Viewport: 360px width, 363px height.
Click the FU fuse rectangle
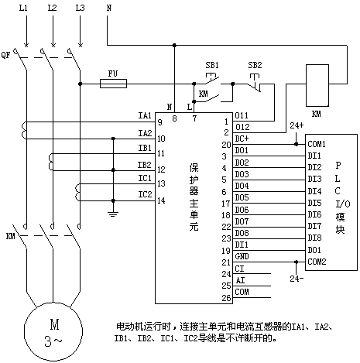[x=113, y=84]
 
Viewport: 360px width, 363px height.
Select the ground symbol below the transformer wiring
[x=113, y=214]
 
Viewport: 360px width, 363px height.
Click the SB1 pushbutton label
[x=212, y=65]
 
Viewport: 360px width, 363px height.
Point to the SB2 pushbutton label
[x=255, y=65]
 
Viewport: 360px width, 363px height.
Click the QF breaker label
[x=5, y=55]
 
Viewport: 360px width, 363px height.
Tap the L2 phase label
[x=52, y=8]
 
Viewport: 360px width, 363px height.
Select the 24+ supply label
[x=297, y=125]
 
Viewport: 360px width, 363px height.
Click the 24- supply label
[x=297, y=279]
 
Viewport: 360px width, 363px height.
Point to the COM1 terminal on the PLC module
[x=317, y=144]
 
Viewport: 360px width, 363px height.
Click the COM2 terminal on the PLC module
[x=317, y=262]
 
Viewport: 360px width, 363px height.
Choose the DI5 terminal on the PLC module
[x=314, y=203]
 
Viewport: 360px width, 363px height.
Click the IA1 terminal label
[x=145, y=115]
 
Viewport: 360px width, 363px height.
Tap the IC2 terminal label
[x=145, y=194]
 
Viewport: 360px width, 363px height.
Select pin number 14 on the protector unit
[x=161, y=200]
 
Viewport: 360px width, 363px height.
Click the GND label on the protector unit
[x=242, y=256]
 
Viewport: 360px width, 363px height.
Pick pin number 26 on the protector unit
[x=226, y=298]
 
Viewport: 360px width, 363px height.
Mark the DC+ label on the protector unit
[x=242, y=139]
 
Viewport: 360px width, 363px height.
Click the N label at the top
[x=109, y=8]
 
